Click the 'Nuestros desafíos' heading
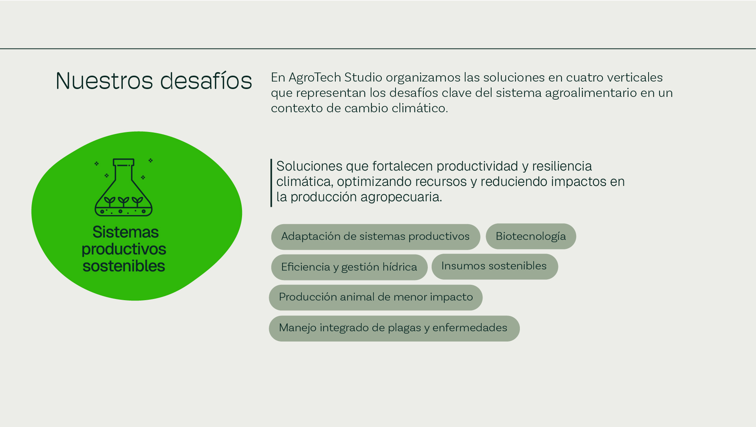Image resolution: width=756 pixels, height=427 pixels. pyautogui.click(x=154, y=81)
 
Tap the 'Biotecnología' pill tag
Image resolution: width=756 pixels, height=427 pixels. pyautogui.click(x=531, y=236)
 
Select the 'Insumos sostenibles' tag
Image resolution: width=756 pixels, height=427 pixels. pyautogui.click(x=495, y=267)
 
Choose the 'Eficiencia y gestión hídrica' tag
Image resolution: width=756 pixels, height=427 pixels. pyautogui.click(x=349, y=267)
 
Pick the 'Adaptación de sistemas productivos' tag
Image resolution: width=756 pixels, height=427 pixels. pyautogui.click(x=375, y=237)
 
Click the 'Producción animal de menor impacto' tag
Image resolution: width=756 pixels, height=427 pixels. pyautogui.click(x=376, y=297)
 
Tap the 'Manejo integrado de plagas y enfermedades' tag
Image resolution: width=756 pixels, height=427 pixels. pyautogui.click(x=394, y=329)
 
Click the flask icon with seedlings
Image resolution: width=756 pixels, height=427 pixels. pyautogui.click(x=124, y=187)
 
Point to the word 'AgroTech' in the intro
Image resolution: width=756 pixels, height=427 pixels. pyautogui.click(x=315, y=78)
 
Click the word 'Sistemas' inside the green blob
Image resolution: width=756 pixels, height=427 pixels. pyautogui.click(x=126, y=232)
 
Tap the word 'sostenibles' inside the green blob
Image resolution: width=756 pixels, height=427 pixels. pyautogui.click(x=124, y=266)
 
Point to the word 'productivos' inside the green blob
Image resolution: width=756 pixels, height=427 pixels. pyautogui.click(x=124, y=249)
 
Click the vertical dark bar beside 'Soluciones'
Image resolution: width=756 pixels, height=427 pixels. pyautogui.click(x=271, y=183)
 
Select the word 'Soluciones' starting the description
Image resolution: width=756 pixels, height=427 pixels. pyautogui.click(x=309, y=166)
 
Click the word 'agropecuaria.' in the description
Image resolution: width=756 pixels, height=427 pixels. pyautogui.click(x=401, y=197)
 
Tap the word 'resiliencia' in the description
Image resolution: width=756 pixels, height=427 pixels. pyautogui.click(x=562, y=166)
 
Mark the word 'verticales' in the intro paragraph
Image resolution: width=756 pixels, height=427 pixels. pyautogui.click(x=635, y=77)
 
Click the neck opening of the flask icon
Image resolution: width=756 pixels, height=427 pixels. pyautogui.click(x=124, y=162)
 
